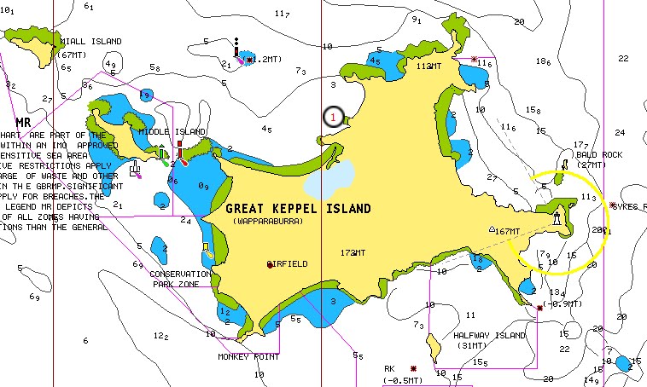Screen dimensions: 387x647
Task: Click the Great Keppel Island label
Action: point(298,208)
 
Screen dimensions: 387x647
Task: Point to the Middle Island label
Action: point(172,132)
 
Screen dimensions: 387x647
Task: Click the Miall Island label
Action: point(90,41)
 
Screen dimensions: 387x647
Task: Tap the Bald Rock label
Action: point(598,155)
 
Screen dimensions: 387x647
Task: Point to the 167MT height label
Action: point(507,231)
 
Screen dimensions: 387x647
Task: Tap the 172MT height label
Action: point(353,253)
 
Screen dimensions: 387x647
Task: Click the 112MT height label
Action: point(428,66)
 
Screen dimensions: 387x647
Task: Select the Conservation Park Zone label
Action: point(180,278)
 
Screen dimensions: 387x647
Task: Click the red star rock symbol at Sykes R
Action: point(614,205)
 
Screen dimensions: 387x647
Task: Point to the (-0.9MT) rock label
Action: point(562,304)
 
